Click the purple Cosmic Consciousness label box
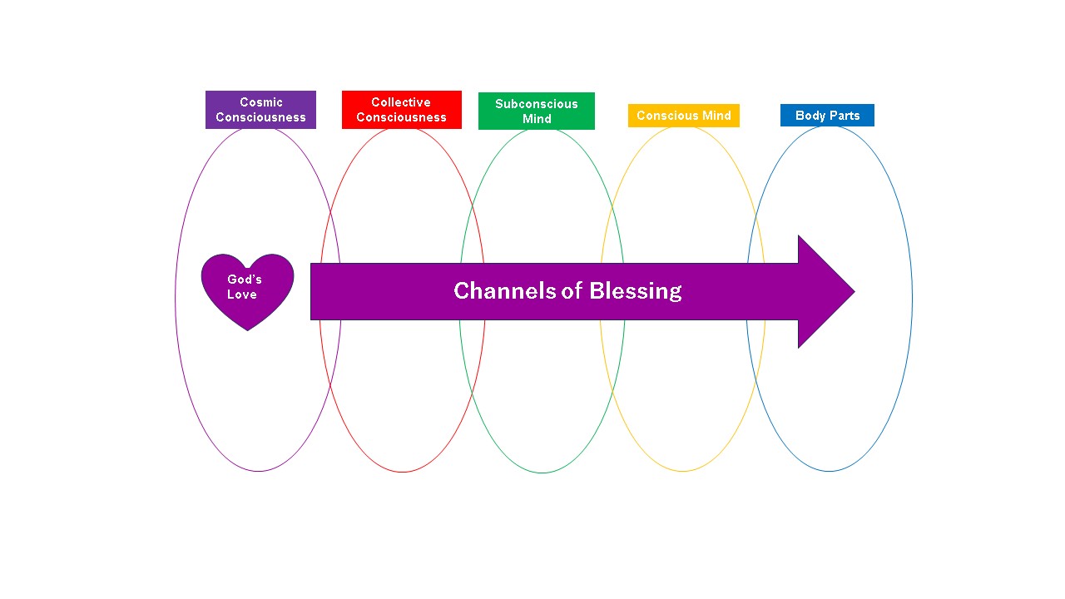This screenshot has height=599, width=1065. click(x=260, y=110)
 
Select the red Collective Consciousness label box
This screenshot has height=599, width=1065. click(x=401, y=110)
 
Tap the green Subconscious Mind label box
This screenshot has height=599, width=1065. click(x=537, y=111)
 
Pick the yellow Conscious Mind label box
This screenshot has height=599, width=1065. click(x=683, y=116)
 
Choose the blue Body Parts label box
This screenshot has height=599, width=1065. click(x=827, y=116)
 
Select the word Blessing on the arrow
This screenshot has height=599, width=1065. click(x=636, y=291)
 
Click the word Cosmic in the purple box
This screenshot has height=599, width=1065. click(x=261, y=102)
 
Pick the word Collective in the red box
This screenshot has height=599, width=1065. click(x=401, y=102)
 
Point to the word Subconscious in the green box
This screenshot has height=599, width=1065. click(x=537, y=104)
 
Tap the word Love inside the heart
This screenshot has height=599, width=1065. click(x=242, y=295)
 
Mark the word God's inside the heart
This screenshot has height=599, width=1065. click(x=245, y=280)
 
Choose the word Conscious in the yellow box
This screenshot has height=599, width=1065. click(x=668, y=116)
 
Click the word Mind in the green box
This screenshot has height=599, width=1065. click(x=537, y=119)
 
